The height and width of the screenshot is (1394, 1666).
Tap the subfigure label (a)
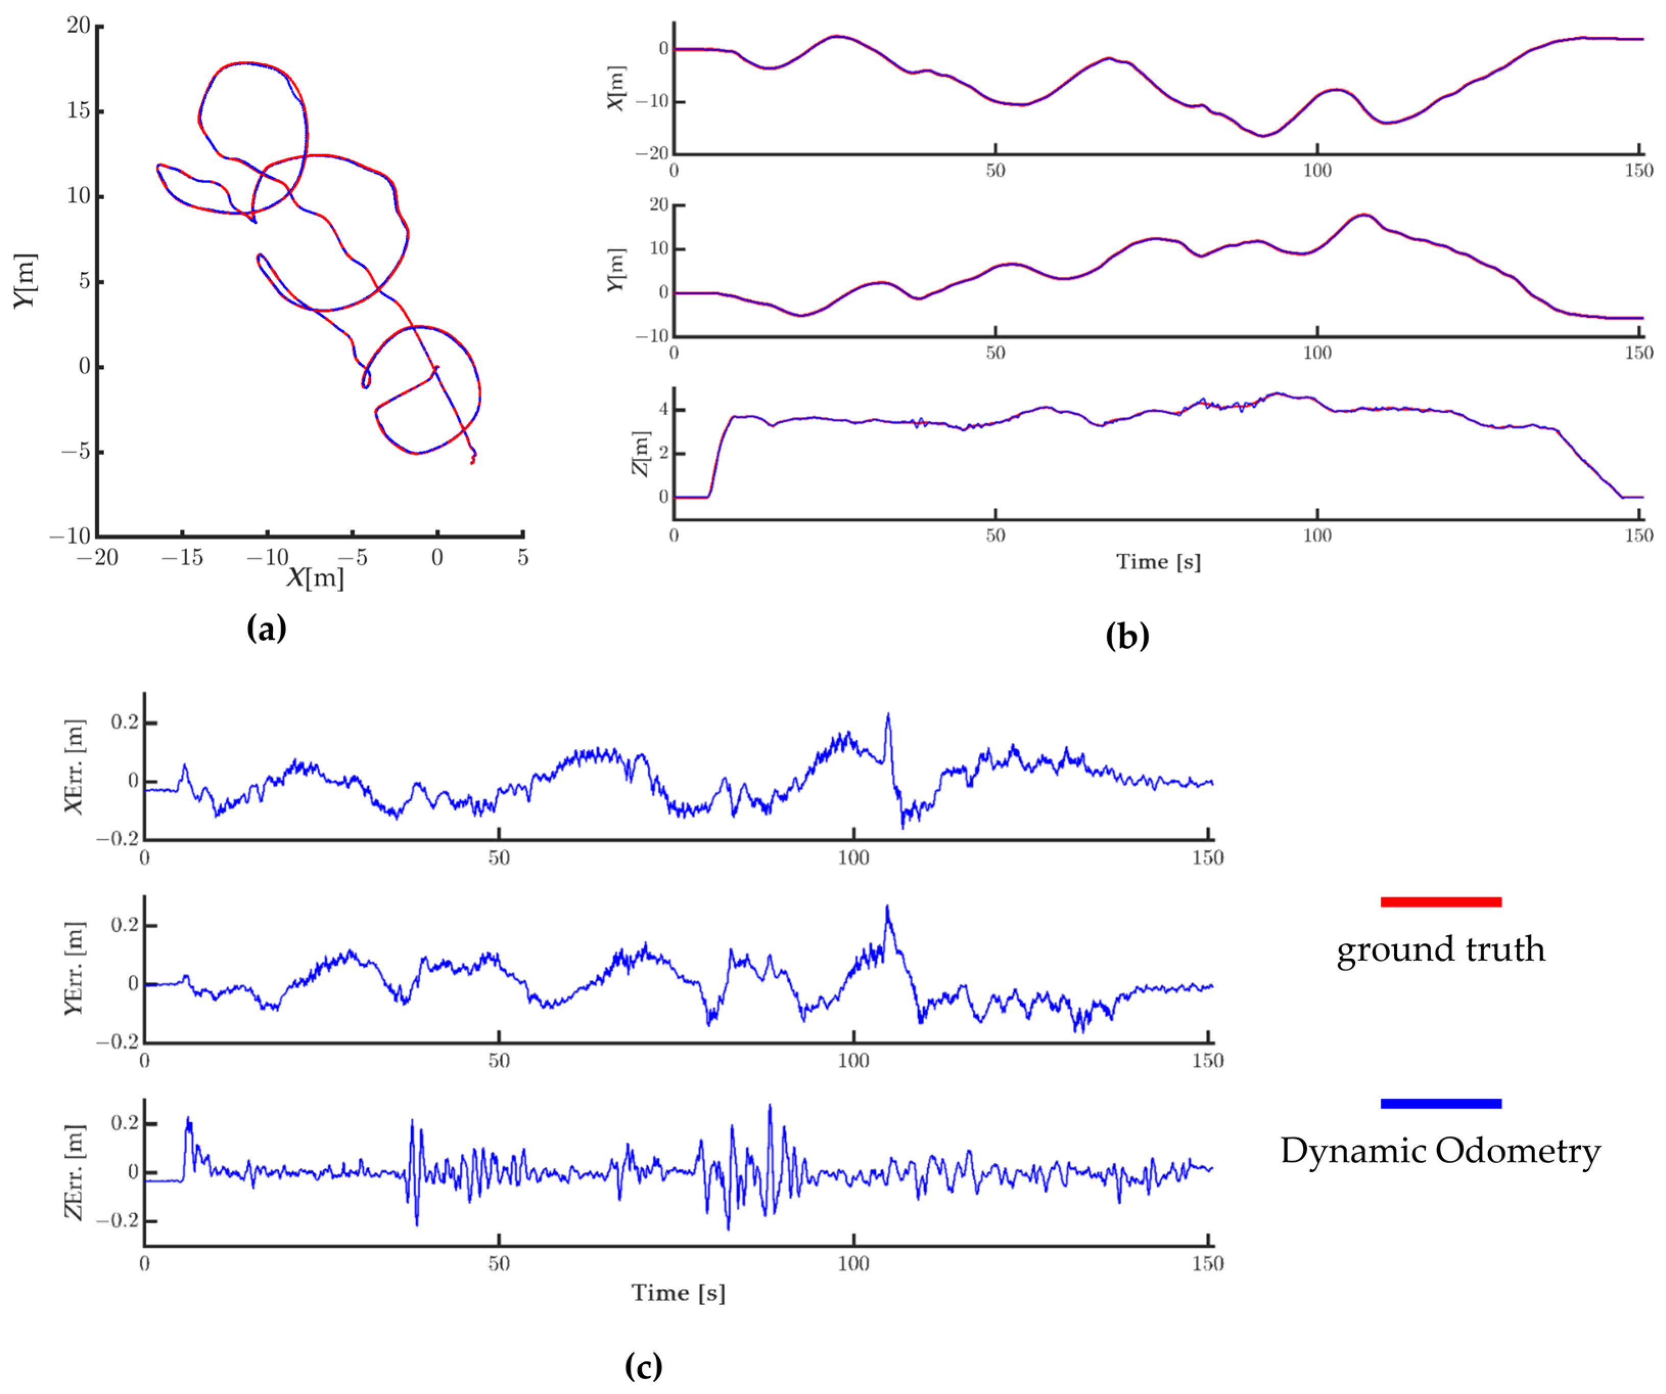[x=267, y=628]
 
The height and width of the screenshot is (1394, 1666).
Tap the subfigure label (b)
[x=1127, y=635]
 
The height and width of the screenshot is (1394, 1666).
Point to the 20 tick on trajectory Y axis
[x=79, y=26]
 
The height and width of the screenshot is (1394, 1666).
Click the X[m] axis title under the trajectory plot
[x=315, y=578]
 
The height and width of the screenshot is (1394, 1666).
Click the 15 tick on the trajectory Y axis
[x=79, y=110]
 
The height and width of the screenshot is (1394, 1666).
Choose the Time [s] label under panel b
[x=1158, y=562]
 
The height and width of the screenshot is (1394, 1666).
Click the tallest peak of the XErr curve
[x=888, y=714]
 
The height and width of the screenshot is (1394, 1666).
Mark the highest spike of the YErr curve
[x=887, y=906]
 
